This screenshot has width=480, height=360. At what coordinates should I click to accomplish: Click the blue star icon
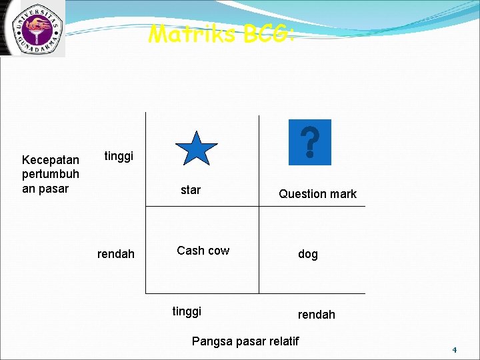click(196, 149)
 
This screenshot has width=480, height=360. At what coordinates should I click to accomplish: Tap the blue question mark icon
click(309, 143)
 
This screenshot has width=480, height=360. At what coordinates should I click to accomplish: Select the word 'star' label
click(191, 190)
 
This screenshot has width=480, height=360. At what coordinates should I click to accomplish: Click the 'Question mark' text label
click(317, 194)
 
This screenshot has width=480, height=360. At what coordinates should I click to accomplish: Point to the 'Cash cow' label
click(203, 251)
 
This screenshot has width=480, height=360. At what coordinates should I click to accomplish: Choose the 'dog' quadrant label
click(308, 254)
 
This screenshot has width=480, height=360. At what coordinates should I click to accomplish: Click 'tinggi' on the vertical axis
click(119, 156)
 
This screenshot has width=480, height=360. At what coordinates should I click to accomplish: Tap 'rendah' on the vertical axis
click(116, 254)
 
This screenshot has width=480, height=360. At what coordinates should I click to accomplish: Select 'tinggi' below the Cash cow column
click(187, 311)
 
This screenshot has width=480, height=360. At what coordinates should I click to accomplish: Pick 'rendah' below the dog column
click(317, 314)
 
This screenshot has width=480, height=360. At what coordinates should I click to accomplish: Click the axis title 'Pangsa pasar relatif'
click(245, 341)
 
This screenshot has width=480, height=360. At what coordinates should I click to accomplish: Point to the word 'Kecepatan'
click(51, 160)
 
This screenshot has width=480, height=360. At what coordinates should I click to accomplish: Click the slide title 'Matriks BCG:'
click(221, 33)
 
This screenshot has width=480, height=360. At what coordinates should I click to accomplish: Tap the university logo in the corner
click(33, 28)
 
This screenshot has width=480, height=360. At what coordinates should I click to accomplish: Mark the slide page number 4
click(454, 350)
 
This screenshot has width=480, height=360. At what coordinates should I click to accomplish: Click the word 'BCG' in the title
click(267, 33)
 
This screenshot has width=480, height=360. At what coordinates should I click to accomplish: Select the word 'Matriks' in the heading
click(192, 33)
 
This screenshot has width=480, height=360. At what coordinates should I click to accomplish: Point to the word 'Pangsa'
click(209, 341)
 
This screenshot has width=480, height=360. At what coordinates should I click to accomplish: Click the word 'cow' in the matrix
click(218, 251)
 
